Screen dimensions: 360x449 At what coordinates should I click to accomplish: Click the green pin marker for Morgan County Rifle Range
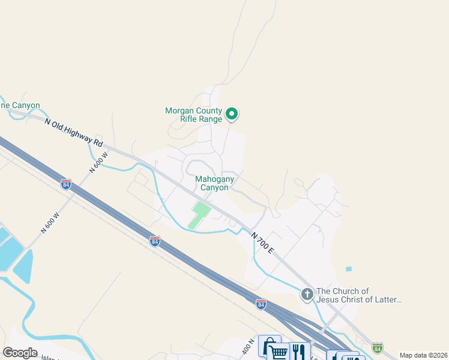click(232, 113)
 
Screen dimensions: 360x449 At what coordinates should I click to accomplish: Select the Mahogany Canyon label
click(212, 183)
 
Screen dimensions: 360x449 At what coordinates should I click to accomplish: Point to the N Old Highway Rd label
click(73, 130)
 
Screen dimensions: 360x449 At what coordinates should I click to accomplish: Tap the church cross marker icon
click(307, 294)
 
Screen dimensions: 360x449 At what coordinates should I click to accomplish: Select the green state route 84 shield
click(377, 347)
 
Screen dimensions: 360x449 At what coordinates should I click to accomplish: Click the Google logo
click(20, 352)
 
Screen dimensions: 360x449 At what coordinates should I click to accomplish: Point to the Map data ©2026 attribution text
click(423, 355)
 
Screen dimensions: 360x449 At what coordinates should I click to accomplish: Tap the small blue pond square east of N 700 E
click(349, 269)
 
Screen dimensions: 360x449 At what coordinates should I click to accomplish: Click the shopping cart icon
click(279, 352)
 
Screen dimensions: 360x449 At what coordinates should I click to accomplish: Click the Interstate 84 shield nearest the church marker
click(261, 304)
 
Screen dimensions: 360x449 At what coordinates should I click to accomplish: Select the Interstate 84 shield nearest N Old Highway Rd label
click(66, 184)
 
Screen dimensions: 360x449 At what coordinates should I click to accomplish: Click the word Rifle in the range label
click(192, 119)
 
